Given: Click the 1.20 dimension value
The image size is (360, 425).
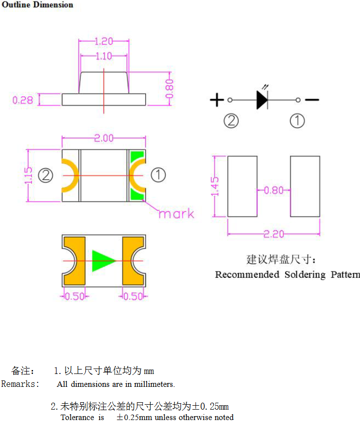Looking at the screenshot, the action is [x=104, y=41].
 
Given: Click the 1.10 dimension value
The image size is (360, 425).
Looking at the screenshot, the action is [x=104, y=56].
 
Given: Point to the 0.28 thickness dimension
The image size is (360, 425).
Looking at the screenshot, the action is [x=22, y=100].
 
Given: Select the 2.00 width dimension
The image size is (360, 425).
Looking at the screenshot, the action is [x=104, y=138].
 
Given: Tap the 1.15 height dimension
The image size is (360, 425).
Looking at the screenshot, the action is [x=28, y=175].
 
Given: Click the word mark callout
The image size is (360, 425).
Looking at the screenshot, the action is [x=177, y=214].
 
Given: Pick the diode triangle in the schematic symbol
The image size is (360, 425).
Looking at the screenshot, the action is [x=262, y=100].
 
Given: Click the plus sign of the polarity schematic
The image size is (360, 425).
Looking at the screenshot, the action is [x=217, y=100].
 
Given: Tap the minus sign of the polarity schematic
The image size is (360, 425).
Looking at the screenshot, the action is [x=312, y=100].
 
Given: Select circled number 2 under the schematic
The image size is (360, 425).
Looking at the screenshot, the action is [x=231, y=121].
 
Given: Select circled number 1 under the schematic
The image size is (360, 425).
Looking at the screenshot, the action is [x=298, y=121].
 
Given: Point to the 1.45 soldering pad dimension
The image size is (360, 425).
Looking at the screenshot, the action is [x=215, y=186].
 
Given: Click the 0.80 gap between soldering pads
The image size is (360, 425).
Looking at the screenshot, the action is [x=274, y=190].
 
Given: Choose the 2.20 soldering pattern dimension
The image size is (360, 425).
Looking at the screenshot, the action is [x=274, y=234].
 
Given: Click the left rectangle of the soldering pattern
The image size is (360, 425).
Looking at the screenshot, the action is [x=242, y=186].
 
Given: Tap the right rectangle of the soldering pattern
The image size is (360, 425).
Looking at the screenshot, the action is [x=305, y=186].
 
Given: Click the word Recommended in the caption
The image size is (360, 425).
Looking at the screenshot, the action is [x=247, y=274].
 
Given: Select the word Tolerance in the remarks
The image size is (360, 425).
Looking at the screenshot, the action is [x=77, y=418].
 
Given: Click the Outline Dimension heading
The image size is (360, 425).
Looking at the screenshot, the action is [x=37, y=4].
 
